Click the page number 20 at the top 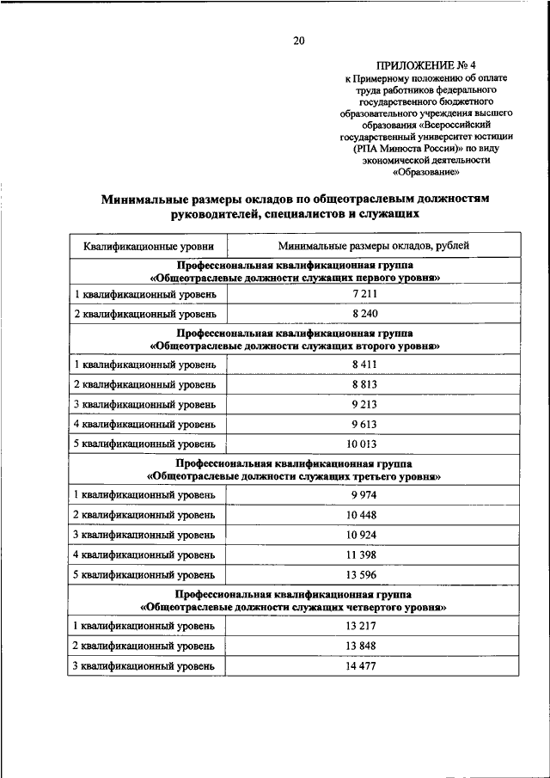(299, 40)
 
